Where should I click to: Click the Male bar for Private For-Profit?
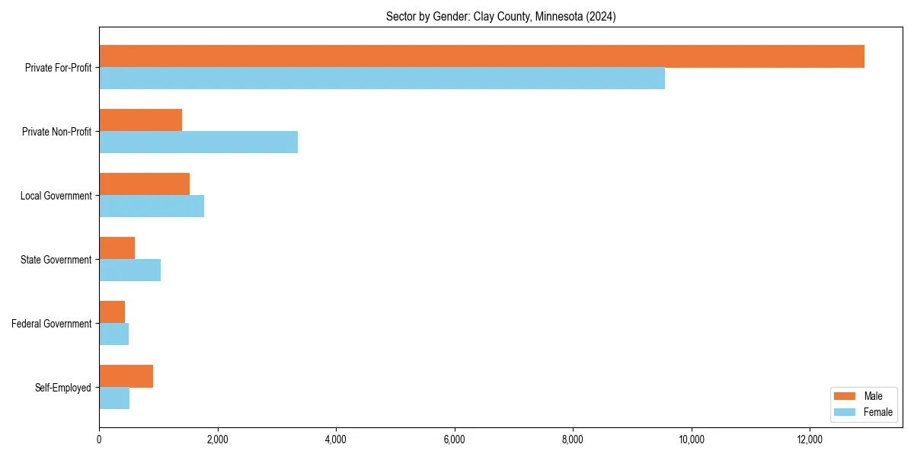tap(481, 56)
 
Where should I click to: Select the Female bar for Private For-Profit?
tap(382, 78)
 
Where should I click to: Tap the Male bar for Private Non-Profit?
tap(140, 120)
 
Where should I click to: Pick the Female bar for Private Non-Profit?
tap(198, 142)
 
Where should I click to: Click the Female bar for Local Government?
tap(152, 206)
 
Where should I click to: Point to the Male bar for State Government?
tap(117, 248)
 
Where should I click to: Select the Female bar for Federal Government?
tap(113, 334)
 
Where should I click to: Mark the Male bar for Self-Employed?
tap(126, 376)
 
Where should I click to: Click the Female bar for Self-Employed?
tap(114, 398)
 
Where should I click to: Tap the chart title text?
tap(500, 16)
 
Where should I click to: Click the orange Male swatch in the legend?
tap(845, 396)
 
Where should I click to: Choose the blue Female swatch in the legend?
tap(845, 412)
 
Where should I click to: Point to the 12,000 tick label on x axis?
tap(810, 439)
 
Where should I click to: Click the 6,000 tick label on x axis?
tap(454, 439)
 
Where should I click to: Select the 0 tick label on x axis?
tap(99, 439)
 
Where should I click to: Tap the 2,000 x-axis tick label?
tap(217, 439)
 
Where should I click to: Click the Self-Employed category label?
tap(63, 388)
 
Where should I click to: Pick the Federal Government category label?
tap(52, 324)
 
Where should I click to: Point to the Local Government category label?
tap(56, 196)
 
